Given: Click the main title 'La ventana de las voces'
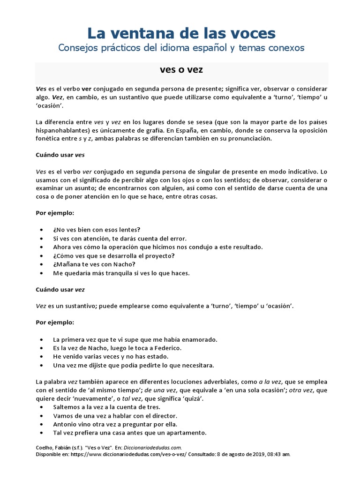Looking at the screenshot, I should tap(181, 33).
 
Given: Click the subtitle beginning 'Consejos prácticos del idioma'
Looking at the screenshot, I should tap(181, 48).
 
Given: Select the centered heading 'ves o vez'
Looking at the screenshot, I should tap(181, 71).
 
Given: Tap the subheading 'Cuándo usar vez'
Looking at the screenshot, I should tap(60, 290).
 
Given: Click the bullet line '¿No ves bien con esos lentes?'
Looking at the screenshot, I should tap(97, 230).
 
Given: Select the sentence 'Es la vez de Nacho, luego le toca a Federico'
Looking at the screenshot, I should tap(117, 348).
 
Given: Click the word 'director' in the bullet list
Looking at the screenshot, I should tap(163, 416).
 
